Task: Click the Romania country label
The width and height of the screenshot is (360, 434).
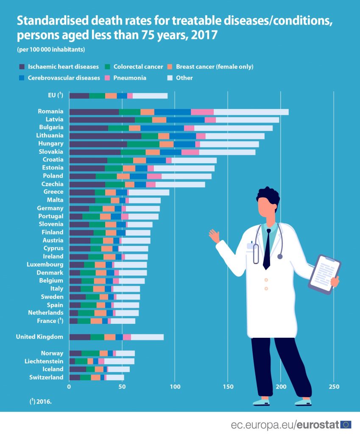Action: [x=50, y=111]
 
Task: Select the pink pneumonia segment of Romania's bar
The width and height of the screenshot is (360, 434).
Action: [x=202, y=112]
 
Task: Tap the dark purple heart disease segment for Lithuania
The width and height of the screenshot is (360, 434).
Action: [x=105, y=136]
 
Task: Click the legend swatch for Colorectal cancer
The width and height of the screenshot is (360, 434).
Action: [x=108, y=67]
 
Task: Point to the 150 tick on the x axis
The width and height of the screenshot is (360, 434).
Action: [x=228, y=387]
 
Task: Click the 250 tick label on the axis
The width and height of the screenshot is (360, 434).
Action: [x=334, y=387]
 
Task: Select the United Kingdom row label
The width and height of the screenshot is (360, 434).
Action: [x=39, y=337]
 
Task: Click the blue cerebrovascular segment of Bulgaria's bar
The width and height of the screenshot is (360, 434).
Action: [x=162, y=128]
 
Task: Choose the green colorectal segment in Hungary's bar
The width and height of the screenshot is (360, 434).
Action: [x=143, y=144]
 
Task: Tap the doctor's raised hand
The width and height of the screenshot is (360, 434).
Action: [x=214, y=236]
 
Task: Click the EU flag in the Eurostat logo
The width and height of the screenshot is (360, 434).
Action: [x=346, y=424]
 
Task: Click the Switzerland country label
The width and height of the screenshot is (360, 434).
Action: [x=46, y=377]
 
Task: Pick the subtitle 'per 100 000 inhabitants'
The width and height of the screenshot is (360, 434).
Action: [x=51, y=50]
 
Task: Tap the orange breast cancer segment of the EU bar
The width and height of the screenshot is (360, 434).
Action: [x=111, y=96]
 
